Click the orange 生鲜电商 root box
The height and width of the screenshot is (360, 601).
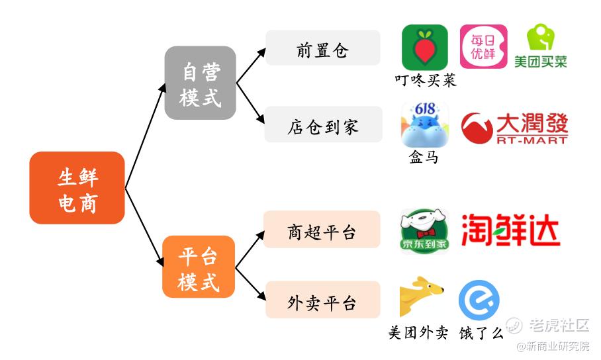pyautogui.click(x=77, y=188)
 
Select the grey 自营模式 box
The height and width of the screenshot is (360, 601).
pyautogui.click(x=200, y=83)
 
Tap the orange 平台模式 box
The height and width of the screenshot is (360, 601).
pyautogui.click(x=199, y=267)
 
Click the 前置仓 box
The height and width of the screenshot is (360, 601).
pyautogui.click(x=323, y=48)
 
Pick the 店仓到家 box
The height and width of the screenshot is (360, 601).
pyautogui.click(x=324, y=124)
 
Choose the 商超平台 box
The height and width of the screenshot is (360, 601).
pyautogui.click(x=322, y=229)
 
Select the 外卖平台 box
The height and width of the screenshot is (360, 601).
pyautogui.click(x=323, y=299)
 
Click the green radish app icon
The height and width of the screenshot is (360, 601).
pyautogui.click(x=425, y=47)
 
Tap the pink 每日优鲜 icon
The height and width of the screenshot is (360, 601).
pyautogui.click(x=483, y=46)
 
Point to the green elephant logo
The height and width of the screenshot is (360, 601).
pyautogui.click(x=541, y=37)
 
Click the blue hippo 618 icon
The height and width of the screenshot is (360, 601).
pyautogui.click(x=425, y=124)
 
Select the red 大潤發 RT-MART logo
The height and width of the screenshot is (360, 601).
pyautogui.click(x=514, y=128)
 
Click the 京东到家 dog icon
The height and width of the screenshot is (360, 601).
pyautogui.click(x=424, y=231)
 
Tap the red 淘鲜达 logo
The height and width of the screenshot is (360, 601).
pyautogui.click(x=510, y=230)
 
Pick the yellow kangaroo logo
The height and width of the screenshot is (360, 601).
pyautogui.click(x=420, y=296)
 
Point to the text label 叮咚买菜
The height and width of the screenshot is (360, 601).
pyautogui.click(x=426, y=80)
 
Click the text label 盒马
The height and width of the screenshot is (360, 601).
pyautogui.click(x=424, y=157)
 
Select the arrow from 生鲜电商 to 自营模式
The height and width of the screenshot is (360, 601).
pyautogui.click(x=146, y=136)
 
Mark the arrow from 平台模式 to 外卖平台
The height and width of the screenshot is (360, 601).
pyautogui.click(x=250, y=283)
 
